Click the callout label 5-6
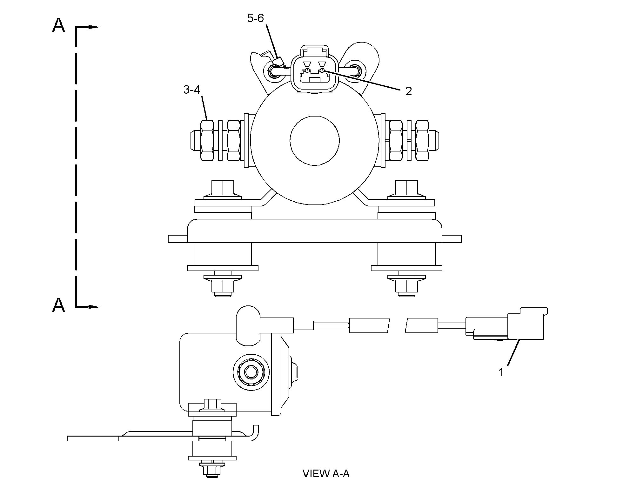(255, 18)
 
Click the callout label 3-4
(192, 90)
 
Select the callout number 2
(408, 91)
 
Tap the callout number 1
(501, 372)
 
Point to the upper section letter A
(58, 25)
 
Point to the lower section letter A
(58, 305)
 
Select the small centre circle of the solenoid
(315, 140)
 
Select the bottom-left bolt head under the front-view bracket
(222, 286)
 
